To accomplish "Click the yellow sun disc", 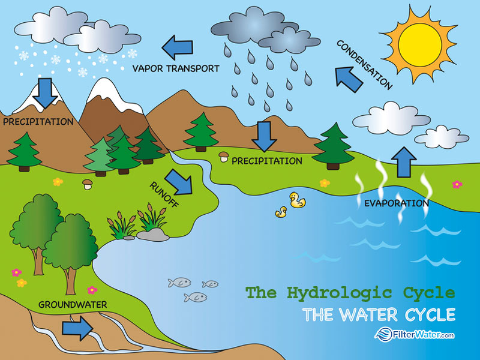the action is [420, 44].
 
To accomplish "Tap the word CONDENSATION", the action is [364, 65].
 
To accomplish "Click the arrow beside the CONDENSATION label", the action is [349, 79].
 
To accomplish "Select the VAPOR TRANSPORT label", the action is [176, 68].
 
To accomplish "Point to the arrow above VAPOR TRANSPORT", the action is [177, 47].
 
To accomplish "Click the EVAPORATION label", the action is [397, 203].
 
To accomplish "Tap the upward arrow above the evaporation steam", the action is [404, 162].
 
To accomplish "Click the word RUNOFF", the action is [164, 194].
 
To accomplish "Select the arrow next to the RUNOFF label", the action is [179, 182].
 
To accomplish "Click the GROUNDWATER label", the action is [73, 305].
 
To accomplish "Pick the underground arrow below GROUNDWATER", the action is [77, 328].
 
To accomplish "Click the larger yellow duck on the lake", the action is [297, 200].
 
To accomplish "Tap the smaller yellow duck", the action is [281, 212].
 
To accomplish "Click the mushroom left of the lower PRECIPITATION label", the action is [224, 157].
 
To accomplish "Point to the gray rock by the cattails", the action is [153, 235].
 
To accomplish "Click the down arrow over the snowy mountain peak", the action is [46, 93].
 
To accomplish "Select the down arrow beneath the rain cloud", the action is [264, 137].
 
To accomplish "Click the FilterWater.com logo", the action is [415, 334].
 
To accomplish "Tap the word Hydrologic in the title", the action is [340, 293].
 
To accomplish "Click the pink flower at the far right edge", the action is [457, 184].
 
